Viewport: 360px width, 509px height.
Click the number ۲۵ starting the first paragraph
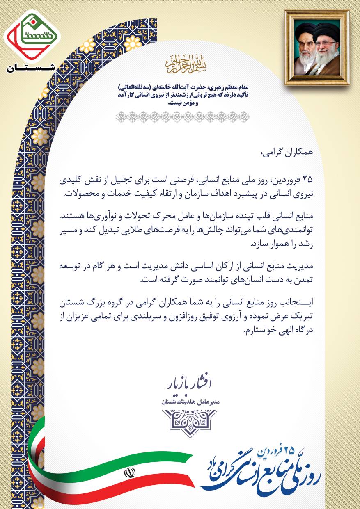tap(308, 179)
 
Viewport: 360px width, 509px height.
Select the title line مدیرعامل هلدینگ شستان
tap(190, 402)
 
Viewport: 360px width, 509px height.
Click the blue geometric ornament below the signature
tap(190, 423)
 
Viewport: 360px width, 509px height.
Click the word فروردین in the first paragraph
tap(287, 179)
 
